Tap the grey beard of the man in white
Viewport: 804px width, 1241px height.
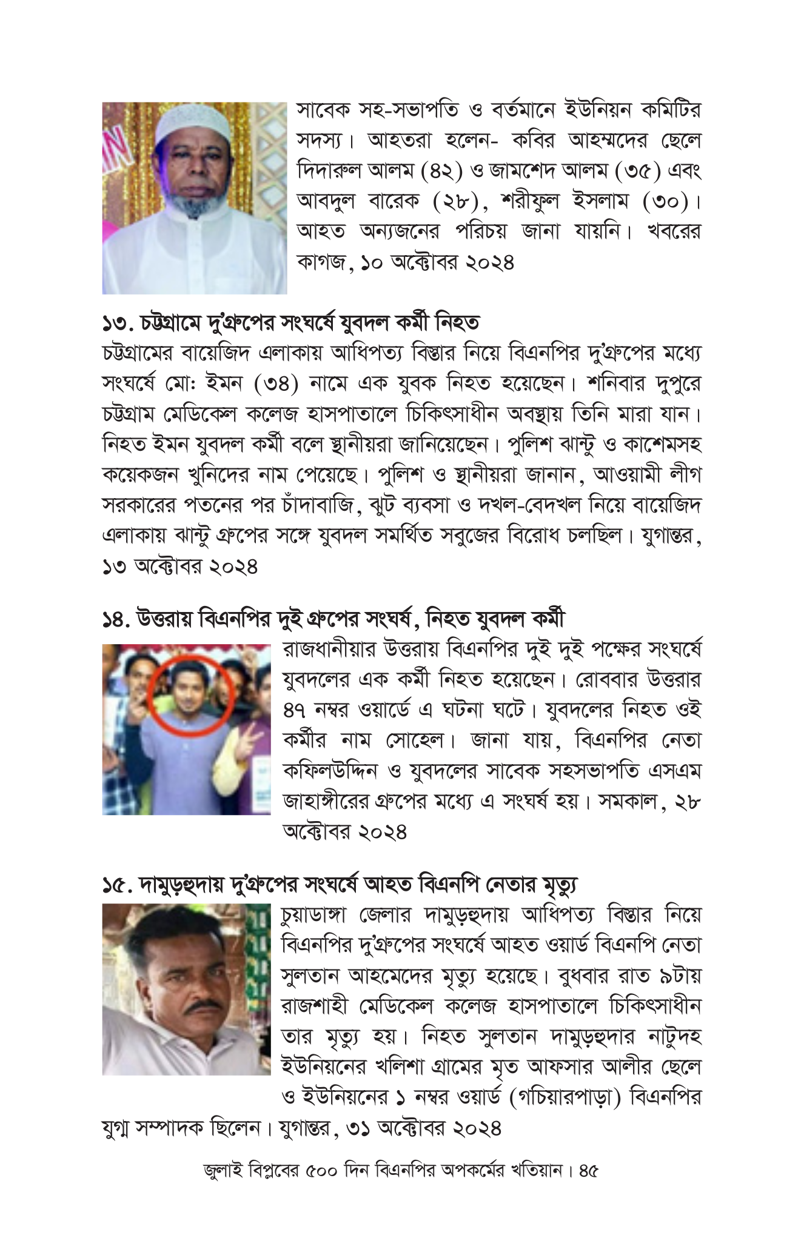193,203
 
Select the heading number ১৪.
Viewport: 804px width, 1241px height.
117,619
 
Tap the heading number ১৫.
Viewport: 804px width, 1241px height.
117,885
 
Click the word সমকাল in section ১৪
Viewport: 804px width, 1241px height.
628,801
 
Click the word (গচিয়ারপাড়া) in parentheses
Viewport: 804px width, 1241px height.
566,1098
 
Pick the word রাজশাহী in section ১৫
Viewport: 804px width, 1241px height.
315,1006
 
